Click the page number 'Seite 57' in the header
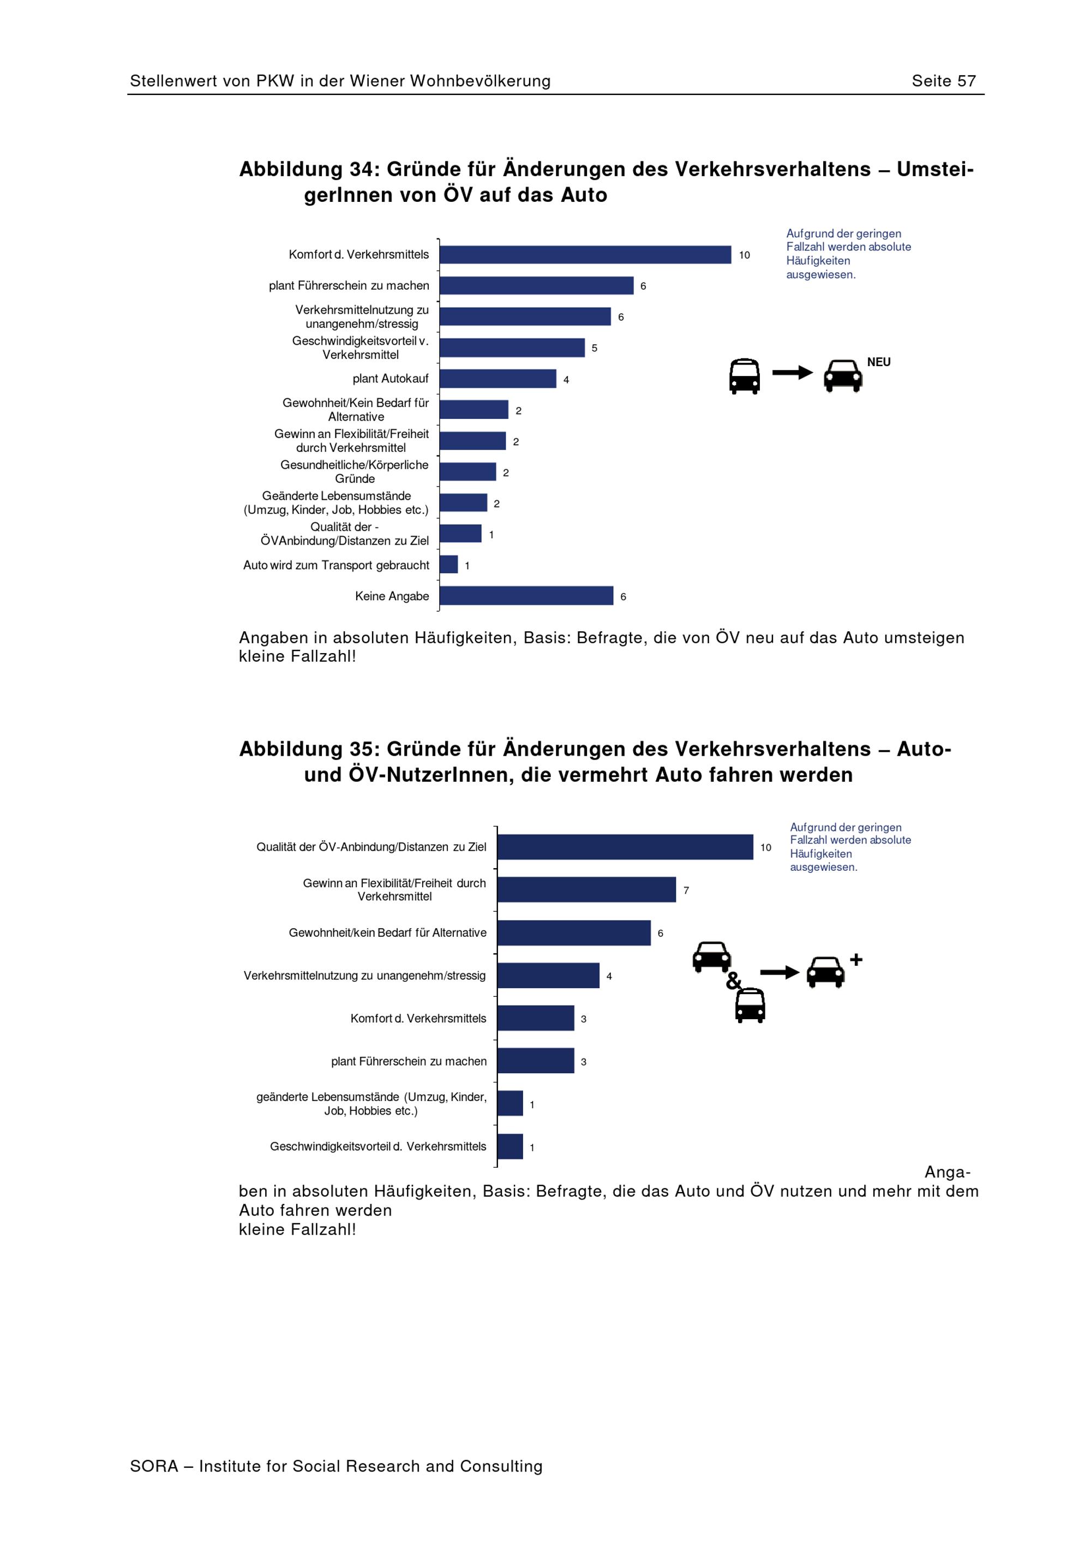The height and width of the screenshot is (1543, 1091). coord(943,81)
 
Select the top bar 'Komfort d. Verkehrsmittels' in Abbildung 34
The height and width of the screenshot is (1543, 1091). coord(585,255)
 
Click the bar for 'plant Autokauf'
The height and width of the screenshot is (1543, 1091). coord(498,378)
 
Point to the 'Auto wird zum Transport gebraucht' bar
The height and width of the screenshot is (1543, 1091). coord(449,565)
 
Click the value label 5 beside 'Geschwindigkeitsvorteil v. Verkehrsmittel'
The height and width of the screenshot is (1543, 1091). coord(595,348)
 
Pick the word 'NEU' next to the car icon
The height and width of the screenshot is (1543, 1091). coord(879,362)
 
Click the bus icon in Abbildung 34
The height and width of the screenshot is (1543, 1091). coord(745,376)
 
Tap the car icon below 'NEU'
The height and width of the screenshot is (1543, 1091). coord(843,376)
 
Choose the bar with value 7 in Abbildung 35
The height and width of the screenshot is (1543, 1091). coord(586,890)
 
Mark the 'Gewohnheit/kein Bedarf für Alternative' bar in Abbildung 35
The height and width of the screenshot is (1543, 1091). coord(574,933)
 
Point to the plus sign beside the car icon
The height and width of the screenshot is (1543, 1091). coord(856,960)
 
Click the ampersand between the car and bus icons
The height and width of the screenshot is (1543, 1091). coord(733,982)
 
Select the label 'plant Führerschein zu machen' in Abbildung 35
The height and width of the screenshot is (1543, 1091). coord(409,1061)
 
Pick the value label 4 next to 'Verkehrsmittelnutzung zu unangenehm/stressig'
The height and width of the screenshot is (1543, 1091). coord(609,976)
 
